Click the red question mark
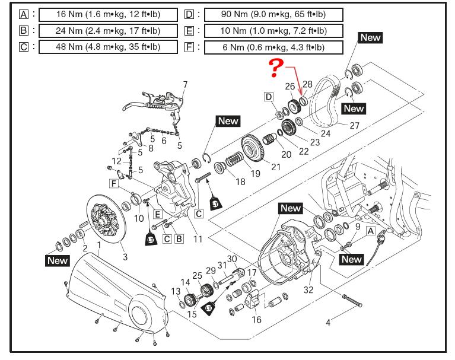(275, 68)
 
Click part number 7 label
(184, 85)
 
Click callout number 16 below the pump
(256, 320)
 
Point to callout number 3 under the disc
(125, 256)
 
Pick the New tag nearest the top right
(370, 37)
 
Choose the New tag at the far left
(58, 260)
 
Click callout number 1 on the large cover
(98, 246)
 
